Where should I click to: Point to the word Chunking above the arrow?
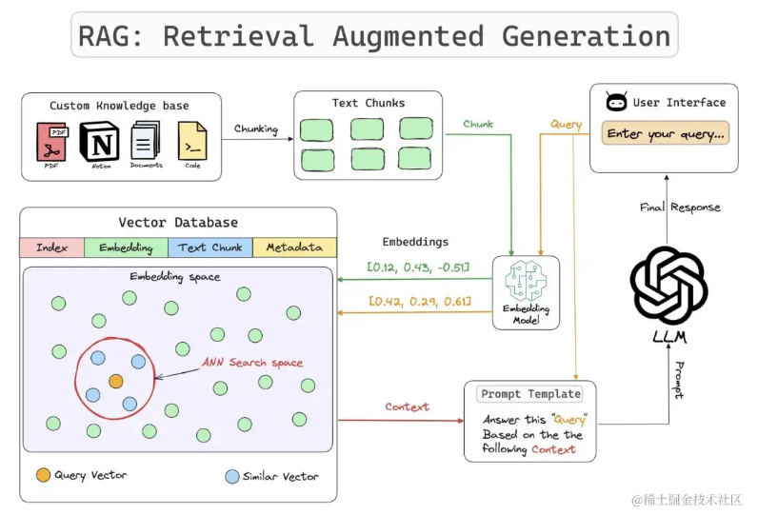(256, 129)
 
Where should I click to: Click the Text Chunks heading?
(369, 103)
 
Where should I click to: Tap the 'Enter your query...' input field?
(666, 134)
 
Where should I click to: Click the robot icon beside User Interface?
(615, 102)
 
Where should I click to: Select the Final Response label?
(681, 207)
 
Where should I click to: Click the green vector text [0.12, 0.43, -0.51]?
(418, 268)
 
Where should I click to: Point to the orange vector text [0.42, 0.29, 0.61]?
(417, 303)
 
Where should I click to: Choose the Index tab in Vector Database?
(52, 248)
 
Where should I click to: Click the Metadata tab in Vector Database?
(294, 248)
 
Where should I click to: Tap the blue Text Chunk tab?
(209, 248)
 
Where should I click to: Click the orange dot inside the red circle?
(116, 381)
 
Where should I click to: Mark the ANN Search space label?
(252, 363)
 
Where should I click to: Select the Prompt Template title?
(530, 394)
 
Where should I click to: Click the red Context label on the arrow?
(407, 406)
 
